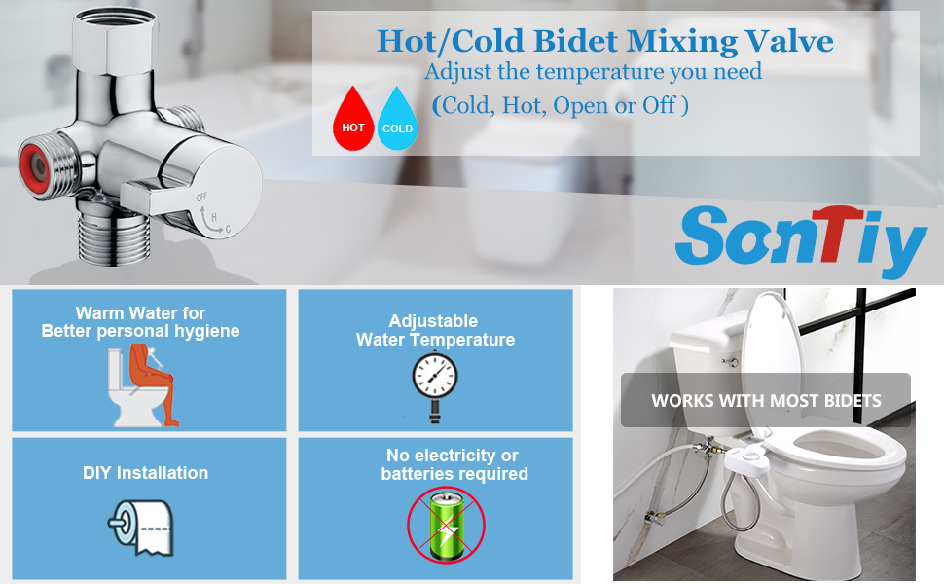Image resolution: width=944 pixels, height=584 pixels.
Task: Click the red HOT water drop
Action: coord(353,122)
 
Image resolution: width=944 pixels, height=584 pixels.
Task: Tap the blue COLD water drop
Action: coord(397,122)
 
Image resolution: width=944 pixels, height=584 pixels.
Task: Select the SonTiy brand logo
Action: coord(800,237)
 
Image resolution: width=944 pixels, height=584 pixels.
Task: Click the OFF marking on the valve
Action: coord(202,197)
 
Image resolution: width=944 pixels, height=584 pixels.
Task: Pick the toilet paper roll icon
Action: coord(141,527)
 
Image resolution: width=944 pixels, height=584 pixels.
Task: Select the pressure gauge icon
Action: coord(434,383)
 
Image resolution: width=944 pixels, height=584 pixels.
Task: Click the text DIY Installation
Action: coord(145,473)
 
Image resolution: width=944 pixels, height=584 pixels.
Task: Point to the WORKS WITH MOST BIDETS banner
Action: coord(766,400)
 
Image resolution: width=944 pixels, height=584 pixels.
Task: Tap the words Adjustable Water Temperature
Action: coord(435,330)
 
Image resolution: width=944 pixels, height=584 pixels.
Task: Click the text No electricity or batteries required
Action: coord(454,464)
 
